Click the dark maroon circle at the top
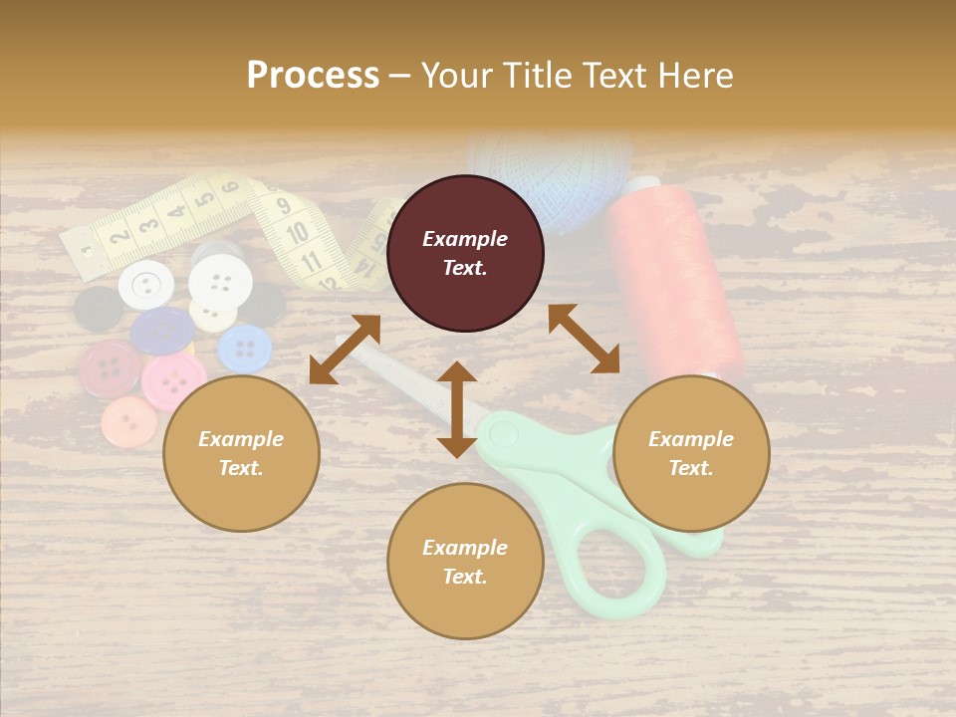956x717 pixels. pyautogui.click(x=465, y=253)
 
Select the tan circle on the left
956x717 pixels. pyautogui.click(x=241, y=453)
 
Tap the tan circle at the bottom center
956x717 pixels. pyautogui.click(x=465, y=562)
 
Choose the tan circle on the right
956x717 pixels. pyautogui.click(x=691, y=453)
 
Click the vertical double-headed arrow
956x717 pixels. pyautogui.click(x=457, y=409)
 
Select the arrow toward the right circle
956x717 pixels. pyautogui.click(x=585, y=339)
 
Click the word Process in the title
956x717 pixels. pyautogui.click(x=313, y=76)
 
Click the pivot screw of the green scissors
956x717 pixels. pyautogui.click(x=503, y=433)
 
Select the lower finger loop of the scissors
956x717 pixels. pyautogui.click(x=608, y=569)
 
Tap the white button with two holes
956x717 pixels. pyautogui.click(x=146, y=286)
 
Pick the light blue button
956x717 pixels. pyautogui.click(x=245, y=350)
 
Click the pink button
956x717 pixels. pyautogui.click(x=174, y=380)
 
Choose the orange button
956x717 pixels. pyautogui.click(x=129, y=422)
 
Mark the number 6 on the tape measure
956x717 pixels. pyautogui.click(x=230, y=187)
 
